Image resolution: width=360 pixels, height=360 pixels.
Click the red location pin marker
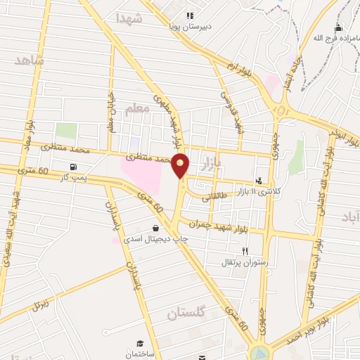tap(181, 166)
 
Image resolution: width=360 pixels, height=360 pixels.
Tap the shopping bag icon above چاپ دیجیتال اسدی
tap(155, 228)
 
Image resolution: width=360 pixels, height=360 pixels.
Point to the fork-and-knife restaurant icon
tap(245, 251)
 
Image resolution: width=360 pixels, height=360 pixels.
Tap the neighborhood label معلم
tap(138, 108)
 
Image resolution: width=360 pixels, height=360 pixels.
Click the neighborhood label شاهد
tap(29, 61)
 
